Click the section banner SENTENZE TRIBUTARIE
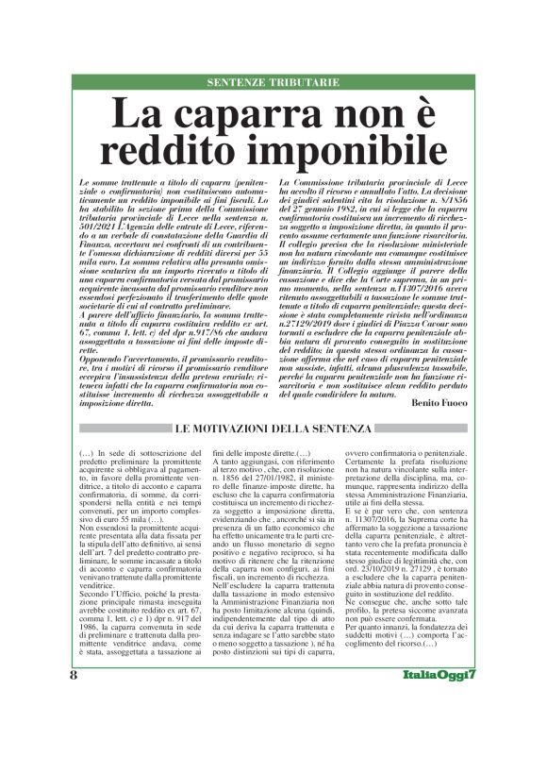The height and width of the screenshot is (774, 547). click(x=273, y=83)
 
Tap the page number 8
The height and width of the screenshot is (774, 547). click(x=73, y=730)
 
